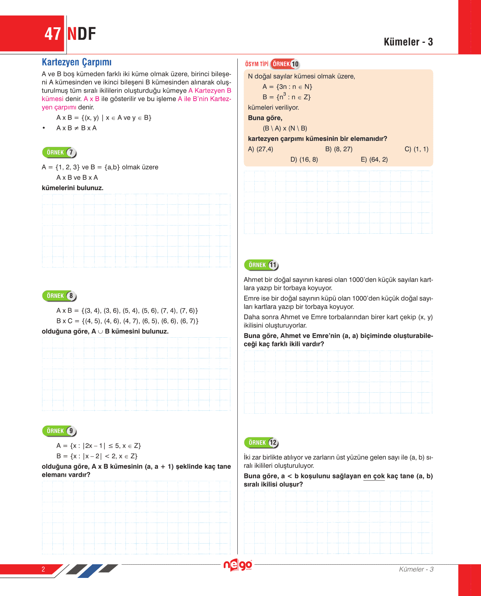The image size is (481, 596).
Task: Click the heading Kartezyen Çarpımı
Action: click(76, 62)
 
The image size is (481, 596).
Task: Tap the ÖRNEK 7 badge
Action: click(59, 152)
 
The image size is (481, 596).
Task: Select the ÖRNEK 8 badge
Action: click(59, 296)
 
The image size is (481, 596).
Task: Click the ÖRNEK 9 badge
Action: click(59, 431)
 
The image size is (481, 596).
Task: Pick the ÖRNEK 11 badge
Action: click(261, 265)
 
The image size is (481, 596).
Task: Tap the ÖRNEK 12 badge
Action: click(261, 442)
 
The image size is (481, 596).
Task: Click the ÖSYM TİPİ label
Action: click(257, 64)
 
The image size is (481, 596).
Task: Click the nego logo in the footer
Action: click(238, 565)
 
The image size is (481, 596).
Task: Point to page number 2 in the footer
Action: click(43, 569)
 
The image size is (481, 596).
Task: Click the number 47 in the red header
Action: click(52, 34)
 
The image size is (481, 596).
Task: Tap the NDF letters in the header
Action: click(82, 34)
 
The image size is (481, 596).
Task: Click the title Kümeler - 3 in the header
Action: click(408, 42)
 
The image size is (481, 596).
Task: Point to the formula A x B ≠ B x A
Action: click(76, 128)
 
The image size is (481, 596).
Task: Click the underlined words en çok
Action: click(374, 476)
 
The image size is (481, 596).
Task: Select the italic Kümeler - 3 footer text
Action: click(416, 569)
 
